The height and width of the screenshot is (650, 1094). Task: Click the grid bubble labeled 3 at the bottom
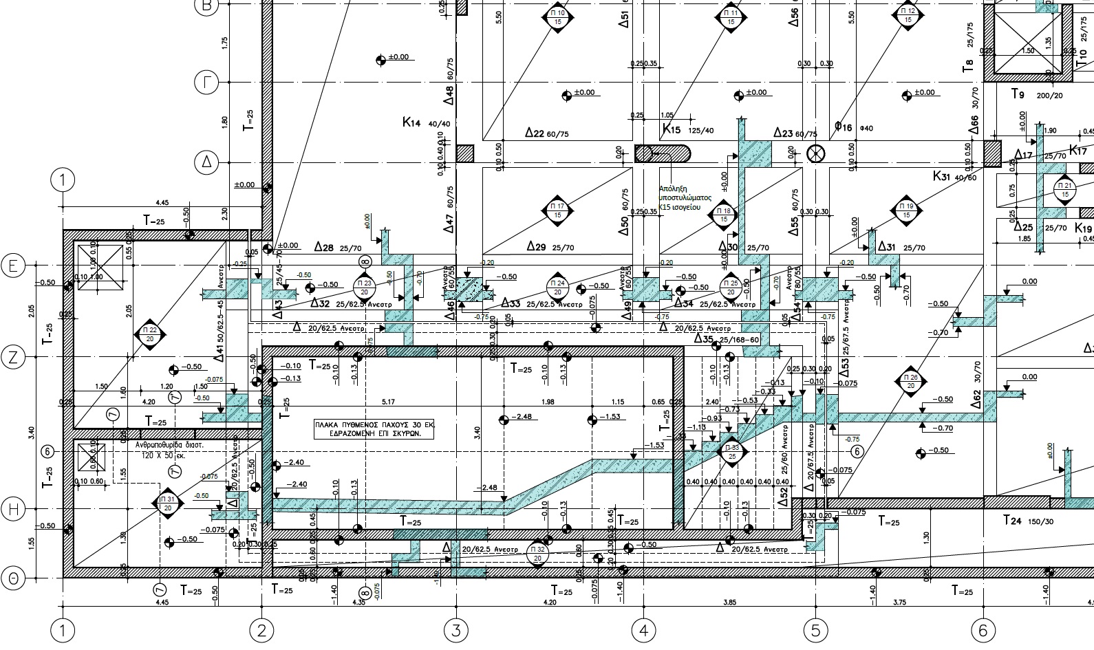coord(455,630)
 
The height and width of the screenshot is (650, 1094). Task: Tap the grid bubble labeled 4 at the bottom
coord(643,630)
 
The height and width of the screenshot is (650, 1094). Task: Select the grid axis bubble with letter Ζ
coord(13,357)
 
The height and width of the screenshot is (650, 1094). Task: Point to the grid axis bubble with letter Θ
coord(13,579)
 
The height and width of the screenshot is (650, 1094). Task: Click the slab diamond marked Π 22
coord(150,334)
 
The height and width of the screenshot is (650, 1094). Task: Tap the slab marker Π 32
coord(537,553)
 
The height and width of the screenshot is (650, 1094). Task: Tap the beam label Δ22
coord(535,133)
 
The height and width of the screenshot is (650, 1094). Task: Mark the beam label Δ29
coord(536,246)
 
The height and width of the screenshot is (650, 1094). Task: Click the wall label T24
coord(1011,521)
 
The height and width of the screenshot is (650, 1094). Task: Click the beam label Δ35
coord(704,339)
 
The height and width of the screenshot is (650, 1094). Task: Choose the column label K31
coord(941,176)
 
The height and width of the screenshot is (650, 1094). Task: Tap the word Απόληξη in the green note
coord(672,188)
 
